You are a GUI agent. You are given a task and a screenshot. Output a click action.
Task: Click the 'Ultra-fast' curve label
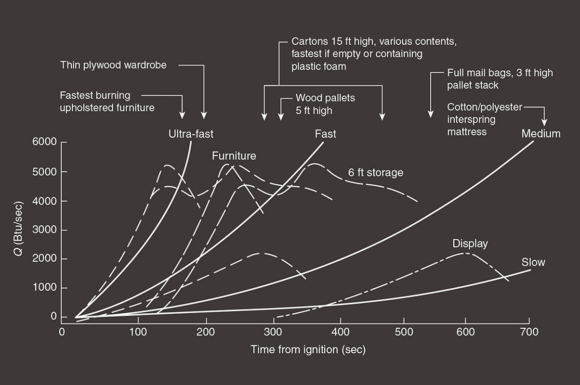(x=190, y=133)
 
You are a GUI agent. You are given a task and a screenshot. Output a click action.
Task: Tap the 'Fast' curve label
(x=325, y=133)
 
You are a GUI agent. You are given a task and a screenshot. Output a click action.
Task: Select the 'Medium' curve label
(x=541, y=133)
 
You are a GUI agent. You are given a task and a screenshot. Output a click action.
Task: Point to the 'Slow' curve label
(x=533, y=262)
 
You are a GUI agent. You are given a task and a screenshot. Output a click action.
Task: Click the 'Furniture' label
(x=234, y=156)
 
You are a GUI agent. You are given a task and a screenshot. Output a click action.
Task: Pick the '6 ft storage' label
(x=376, y=172)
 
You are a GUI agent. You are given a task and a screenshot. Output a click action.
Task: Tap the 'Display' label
(x=470, y=244)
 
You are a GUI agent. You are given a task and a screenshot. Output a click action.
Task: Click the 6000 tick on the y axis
(x=44, y=143)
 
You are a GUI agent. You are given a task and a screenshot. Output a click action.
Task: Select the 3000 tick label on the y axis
(x=44, y=230)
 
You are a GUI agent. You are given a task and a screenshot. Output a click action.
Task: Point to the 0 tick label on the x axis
(x=62, y=333)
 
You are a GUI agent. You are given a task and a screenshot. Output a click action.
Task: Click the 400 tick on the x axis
(x=341, y=333)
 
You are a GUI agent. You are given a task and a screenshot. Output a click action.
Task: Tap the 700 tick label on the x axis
(x=529, y=333)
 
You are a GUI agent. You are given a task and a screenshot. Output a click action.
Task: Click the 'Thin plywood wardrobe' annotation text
(x=113, y=64)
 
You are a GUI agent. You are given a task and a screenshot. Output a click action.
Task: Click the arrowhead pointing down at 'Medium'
(x=545, y=122)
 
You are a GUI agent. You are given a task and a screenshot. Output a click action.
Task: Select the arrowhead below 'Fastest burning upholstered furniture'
(x=182, y=115)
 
